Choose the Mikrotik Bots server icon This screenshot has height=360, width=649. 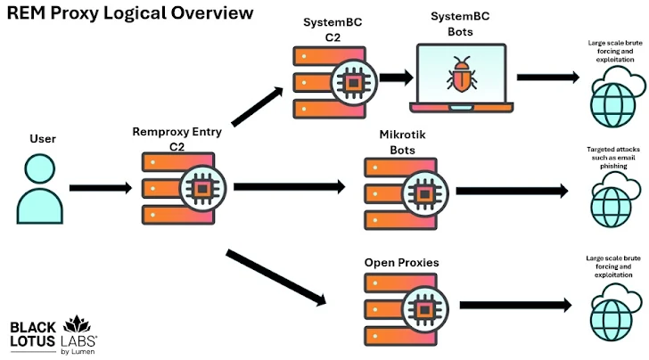[400, 191]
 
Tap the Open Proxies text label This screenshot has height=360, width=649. [401, 263]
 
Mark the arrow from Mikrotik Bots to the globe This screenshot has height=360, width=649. [511, 191]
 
